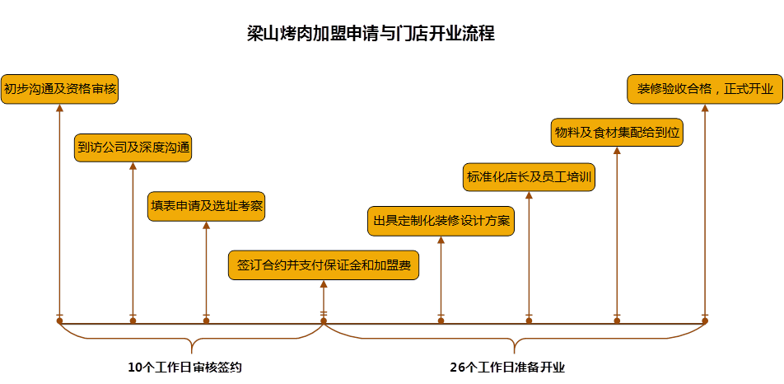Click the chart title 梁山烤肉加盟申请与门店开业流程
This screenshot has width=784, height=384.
pyautogui.click(x=371, y=34)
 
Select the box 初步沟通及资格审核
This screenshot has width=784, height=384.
pyautogui.click(x=59, y=89)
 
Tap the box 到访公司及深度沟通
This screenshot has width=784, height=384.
pyautogui.click(x=133, y=148)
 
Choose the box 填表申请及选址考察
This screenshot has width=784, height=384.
pyautogui.click(x=206, y=206)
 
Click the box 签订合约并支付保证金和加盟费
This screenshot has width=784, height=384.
pyautogui.click(x=324, y=265)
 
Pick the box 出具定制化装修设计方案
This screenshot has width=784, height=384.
pyautogui.click(x=441, y=221)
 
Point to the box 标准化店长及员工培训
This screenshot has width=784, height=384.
pyautogui.click(x=529, y=176)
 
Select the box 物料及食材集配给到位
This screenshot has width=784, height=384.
pyautogui.click(x=617, y=132)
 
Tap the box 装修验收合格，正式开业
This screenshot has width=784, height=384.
pyautogui.click(x=705, y=89)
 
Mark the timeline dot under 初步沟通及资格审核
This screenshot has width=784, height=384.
pyautogui.click(x=59, y=321)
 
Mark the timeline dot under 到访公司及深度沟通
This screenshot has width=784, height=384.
pyautogui.click(x=133, y=321)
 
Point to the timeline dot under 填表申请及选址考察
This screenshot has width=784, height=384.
pyautogui.click(x=206, y=321)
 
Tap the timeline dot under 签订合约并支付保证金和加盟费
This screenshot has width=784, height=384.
pyautogui.click(x=324, y=321)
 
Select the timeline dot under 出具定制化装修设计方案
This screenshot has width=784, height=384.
pyautogui.click(x=441, y=321)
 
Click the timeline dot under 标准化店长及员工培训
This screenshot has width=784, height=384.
pyautogui.click(x=529, y=321)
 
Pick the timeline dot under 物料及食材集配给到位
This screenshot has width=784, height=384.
pyautogui.click(x=617, y=321)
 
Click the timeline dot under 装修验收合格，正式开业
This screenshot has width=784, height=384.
pyautogui.click(x=705, y=321)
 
